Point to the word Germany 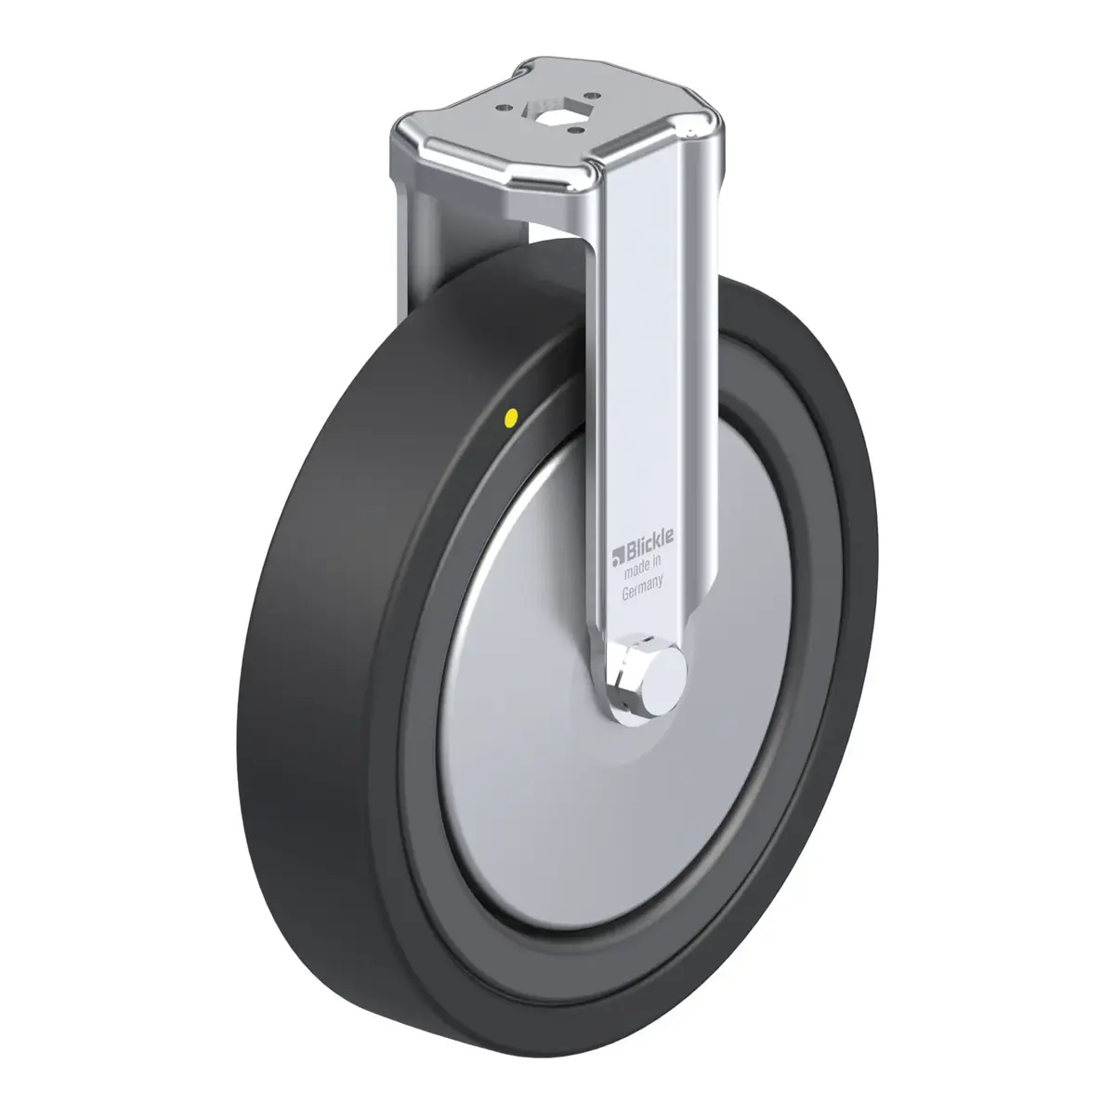click(642, 588)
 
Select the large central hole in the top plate click(545, 117)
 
